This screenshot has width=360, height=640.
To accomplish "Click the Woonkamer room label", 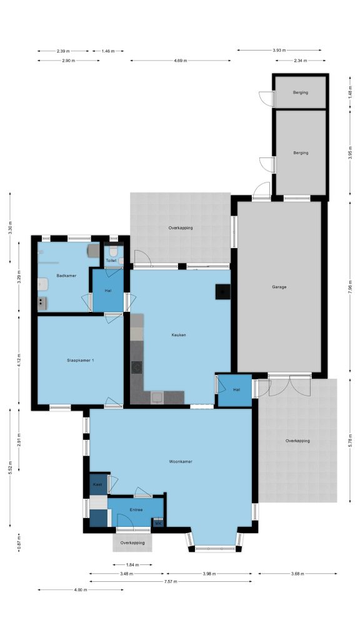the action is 181,462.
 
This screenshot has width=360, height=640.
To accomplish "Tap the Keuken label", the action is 179,335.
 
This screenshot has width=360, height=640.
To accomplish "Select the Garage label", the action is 279,287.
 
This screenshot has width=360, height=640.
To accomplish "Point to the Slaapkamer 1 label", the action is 81,361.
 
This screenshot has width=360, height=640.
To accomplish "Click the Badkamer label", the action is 66,276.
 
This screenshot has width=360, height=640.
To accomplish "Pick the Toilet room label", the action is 111,261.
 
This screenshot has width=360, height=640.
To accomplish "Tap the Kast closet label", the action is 97,484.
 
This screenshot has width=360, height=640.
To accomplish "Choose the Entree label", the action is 136,510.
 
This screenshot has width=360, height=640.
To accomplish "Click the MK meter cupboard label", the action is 158,522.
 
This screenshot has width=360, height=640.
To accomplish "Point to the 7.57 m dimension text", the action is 171,582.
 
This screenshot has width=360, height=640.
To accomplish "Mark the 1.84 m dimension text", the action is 132,565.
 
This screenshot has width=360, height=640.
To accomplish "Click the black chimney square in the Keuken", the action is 223,291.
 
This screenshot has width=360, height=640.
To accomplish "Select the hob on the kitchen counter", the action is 136,367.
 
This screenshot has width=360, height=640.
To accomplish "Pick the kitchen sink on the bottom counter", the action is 157,397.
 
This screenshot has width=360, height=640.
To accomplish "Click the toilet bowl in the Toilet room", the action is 114,250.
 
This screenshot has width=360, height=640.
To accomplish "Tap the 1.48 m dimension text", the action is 350,92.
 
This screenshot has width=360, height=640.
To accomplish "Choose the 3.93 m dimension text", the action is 279,51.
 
